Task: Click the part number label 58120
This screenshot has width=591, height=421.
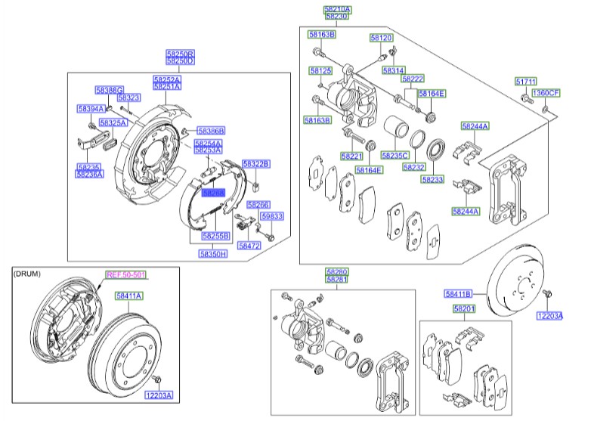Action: (381, 37)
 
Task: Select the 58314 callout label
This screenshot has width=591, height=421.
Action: (393, 70)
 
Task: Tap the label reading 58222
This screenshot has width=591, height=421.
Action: (413, 79)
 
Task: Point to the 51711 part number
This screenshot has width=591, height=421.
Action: (526, 81)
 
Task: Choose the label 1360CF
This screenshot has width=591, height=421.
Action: (545, 93)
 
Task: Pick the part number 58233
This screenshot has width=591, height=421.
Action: (432, 180)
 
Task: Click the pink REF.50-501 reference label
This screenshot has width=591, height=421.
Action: (125, 275)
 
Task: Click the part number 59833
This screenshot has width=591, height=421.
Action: (272, 216)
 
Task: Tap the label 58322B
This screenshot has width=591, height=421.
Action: (255, 163)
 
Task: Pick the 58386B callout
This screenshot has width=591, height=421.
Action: (211, 131)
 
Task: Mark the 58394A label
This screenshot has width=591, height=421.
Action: (91, 109)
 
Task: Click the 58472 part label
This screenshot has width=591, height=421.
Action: (249, 246)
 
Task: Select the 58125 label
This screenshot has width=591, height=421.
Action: (320, 70)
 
